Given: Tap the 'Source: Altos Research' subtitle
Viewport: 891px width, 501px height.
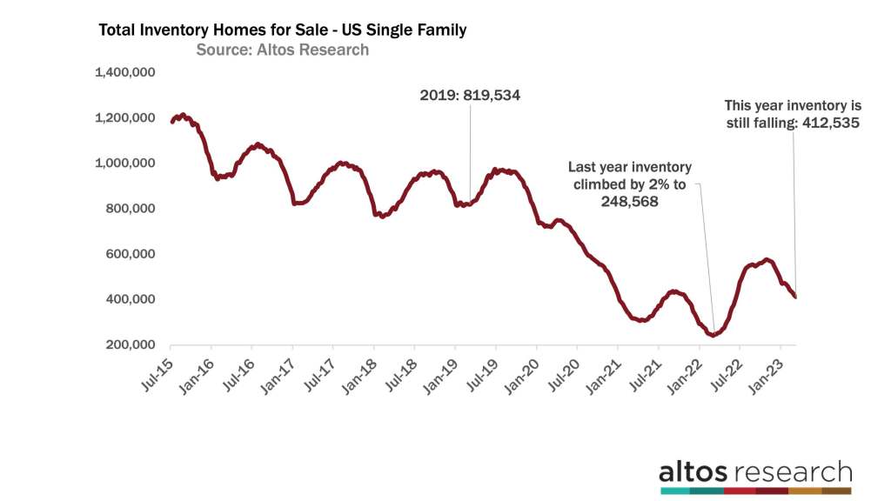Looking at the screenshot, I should pos(282,50).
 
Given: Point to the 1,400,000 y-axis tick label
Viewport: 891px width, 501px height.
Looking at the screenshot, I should pos(124,72).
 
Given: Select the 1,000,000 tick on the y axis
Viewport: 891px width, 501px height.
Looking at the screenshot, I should pos(124,163).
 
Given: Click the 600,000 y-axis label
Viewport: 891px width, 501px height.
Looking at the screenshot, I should pos(129,254).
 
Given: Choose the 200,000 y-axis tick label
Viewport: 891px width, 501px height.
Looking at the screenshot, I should pos(129,344).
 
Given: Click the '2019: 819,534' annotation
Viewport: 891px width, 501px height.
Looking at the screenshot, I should pos(470,96).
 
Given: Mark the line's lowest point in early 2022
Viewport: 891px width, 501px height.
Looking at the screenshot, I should pos(713,335).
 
